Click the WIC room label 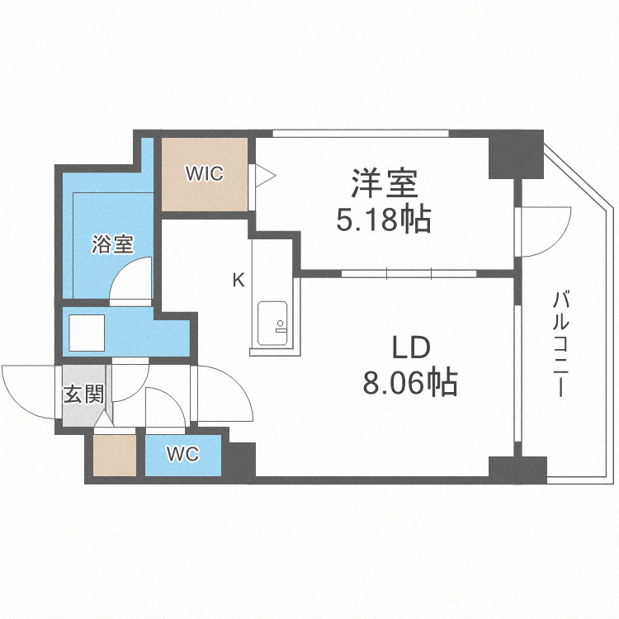click(203, 174)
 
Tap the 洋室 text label click(382, 183)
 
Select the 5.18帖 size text click(382, 220)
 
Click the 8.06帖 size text click(410, 383)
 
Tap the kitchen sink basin click(272, 323)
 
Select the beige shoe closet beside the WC click(114, 456)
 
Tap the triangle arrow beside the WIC click(264, 174)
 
